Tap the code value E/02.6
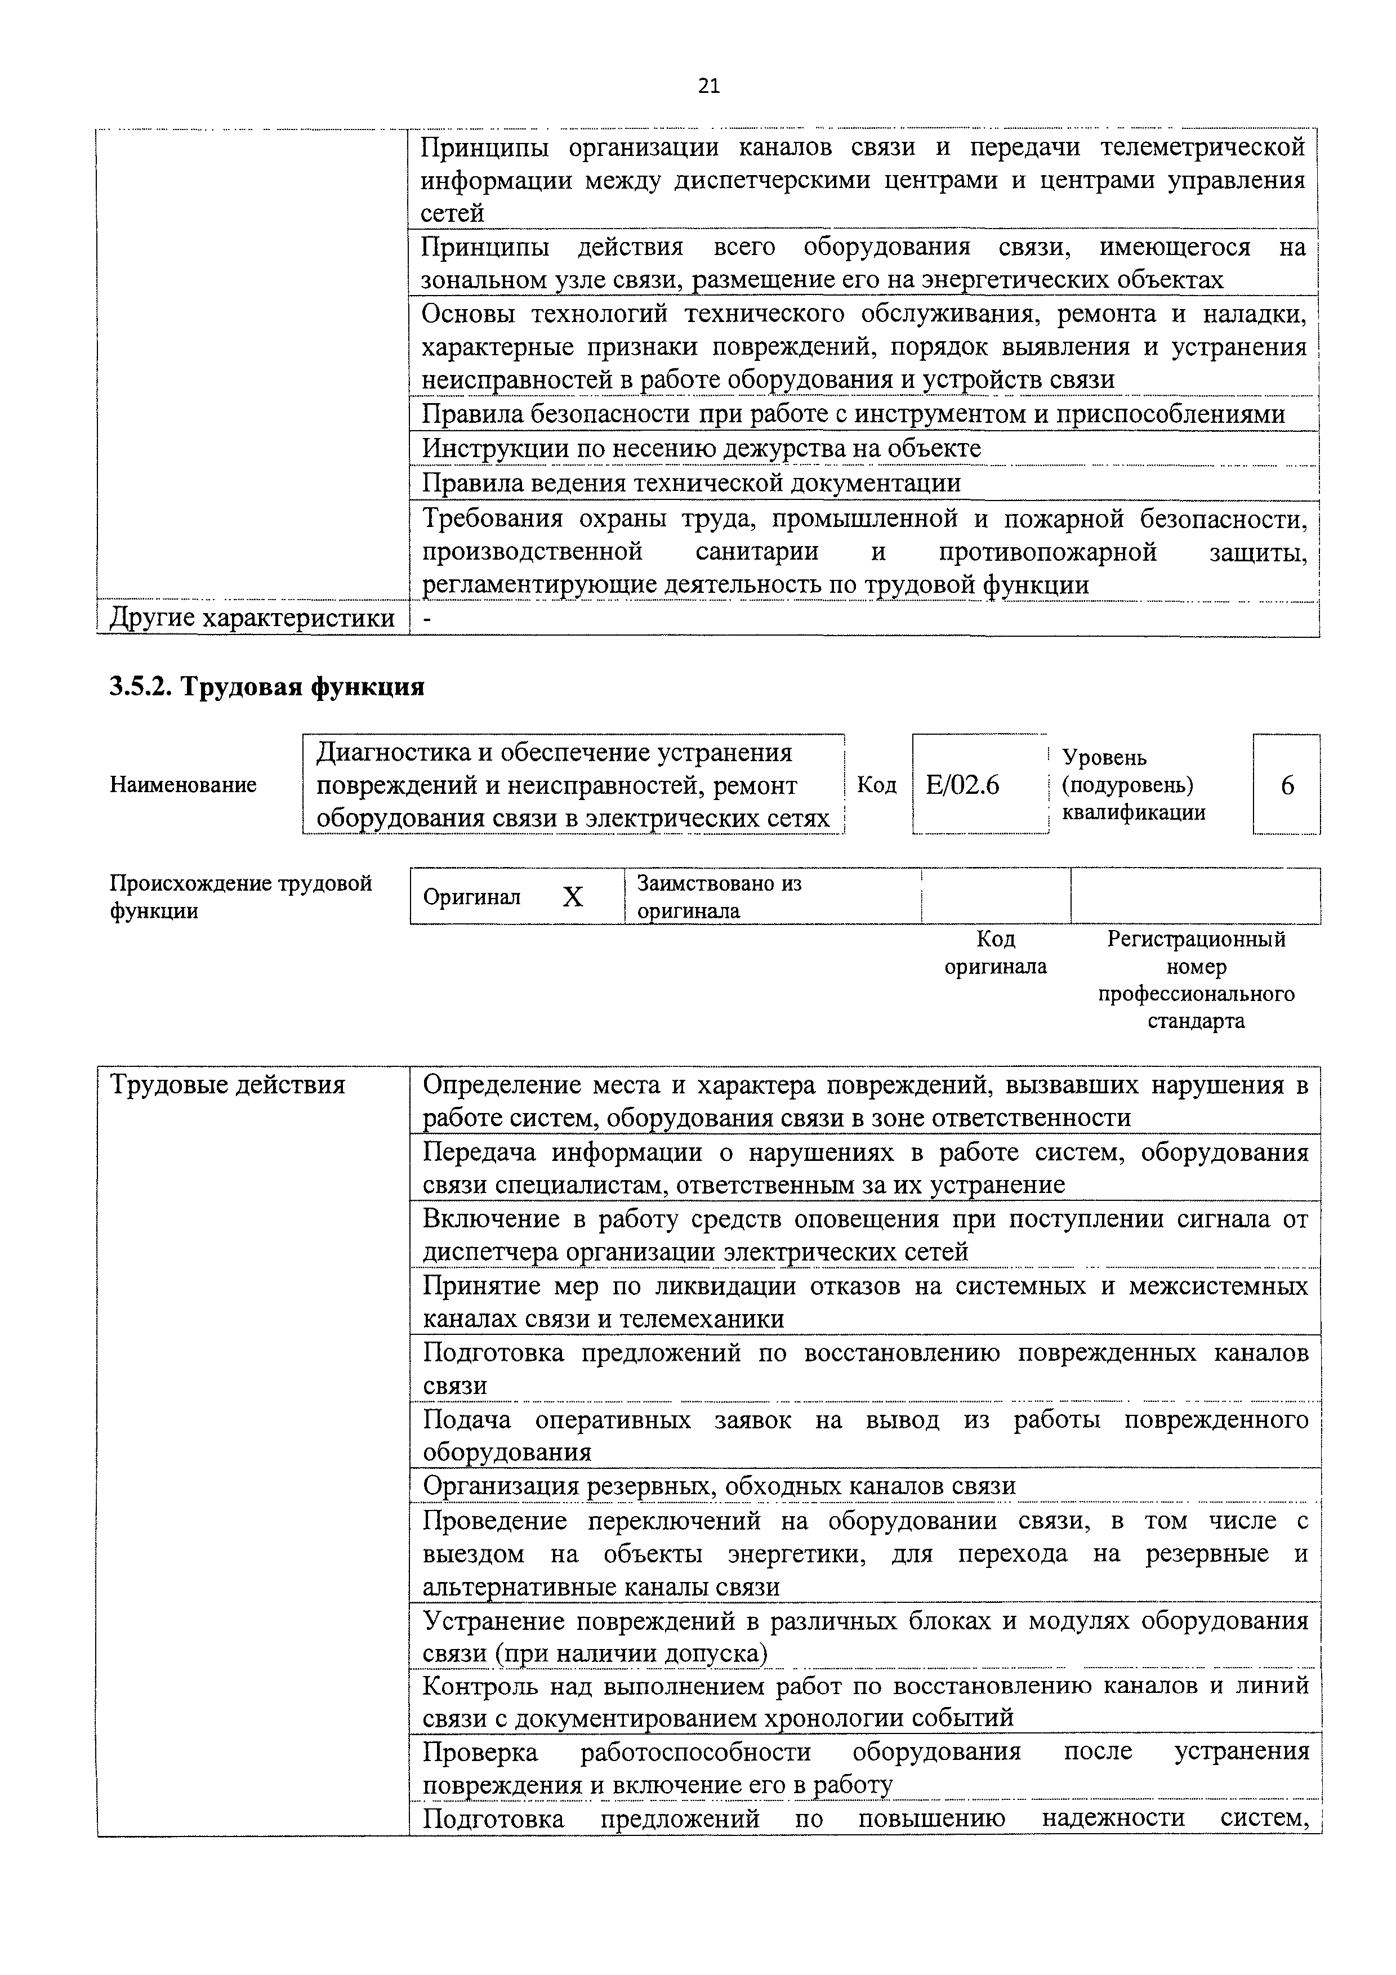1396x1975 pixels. [962, 785]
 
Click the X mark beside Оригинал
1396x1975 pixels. [573, 897]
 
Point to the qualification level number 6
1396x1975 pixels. [1287, 785]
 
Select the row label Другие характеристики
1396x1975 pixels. [252, 618]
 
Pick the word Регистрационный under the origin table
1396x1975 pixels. [1196, 939]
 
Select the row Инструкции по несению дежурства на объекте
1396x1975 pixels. [701, 448]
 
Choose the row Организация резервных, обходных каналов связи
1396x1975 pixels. [719, 1486]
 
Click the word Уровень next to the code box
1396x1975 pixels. [1104, 758]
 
